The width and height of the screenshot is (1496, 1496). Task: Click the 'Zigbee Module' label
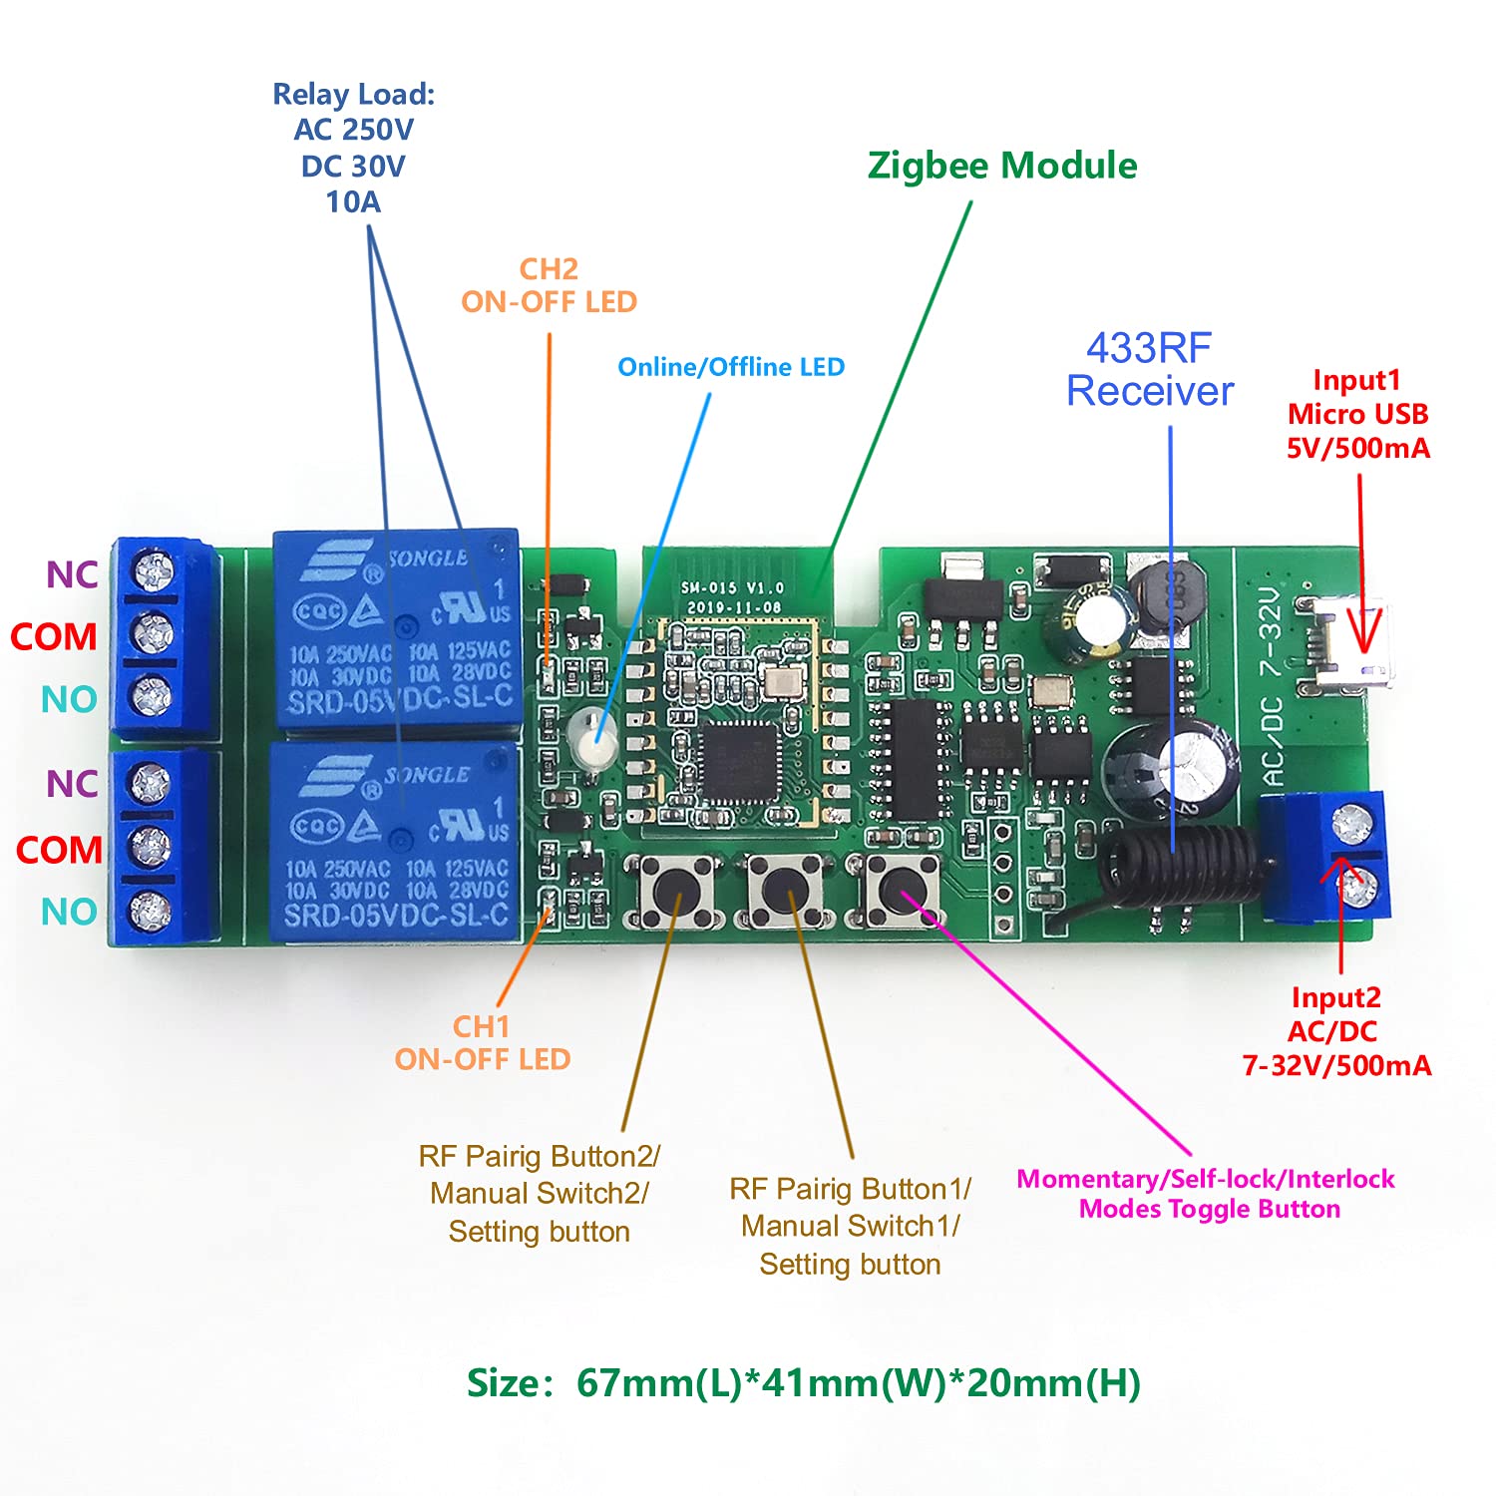click(x=1002, y=166)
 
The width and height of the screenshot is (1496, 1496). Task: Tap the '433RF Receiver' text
click(x=1150, y=370)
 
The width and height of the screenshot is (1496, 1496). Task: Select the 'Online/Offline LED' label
click(x=731, y=367)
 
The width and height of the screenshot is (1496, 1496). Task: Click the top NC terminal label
click(x=72, y=574)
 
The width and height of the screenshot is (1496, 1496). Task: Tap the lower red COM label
click(x=59, y=851)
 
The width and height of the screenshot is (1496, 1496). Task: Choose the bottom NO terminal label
click(x=69, y=912)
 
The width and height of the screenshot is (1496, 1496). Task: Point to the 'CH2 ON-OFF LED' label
click(x=549, y=285)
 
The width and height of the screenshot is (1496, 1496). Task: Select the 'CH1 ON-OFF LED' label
click(x=483, y=1043)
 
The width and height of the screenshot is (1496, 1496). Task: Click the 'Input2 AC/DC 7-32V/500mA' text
click(x=1336, y=1031)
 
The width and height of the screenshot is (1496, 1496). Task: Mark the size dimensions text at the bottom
click(x=804, y=1383)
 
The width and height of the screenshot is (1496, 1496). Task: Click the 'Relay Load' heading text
click(x=354, y=95)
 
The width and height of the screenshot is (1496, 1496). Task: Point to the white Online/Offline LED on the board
click(x=589, y=738)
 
